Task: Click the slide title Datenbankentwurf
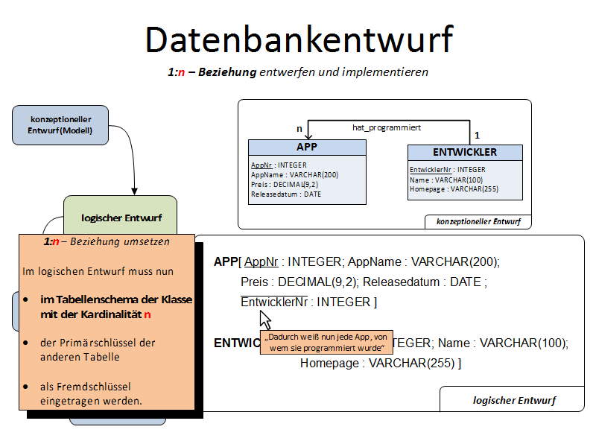[299, 39]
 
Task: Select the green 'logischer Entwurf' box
[120, 218]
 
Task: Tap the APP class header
[306, 147]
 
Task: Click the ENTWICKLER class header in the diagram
[464, 152]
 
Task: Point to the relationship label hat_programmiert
[387, 127]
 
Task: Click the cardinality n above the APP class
[299, 129]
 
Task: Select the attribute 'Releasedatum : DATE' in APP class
[286, 194]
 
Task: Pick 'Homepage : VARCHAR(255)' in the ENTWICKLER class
[454, 189]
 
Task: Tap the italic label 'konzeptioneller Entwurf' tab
[478, 222]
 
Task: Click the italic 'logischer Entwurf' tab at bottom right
[513, 400]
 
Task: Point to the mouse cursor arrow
[264, 320]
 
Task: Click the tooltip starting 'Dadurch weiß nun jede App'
[326, 342]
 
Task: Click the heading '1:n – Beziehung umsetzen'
[107, 242]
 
